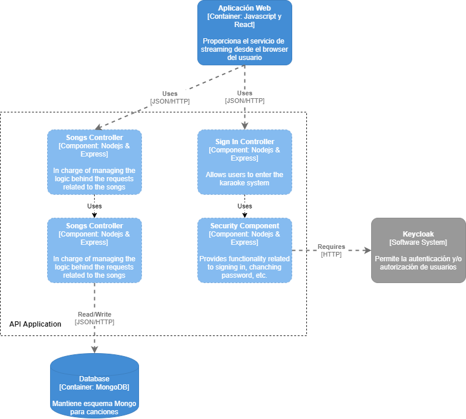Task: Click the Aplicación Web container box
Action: point(244,33)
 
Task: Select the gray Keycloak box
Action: point(418,250)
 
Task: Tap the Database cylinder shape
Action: point(94,385)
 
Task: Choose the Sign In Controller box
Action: point(244,162)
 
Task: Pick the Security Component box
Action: point(244,250)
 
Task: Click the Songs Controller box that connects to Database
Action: point(94,250)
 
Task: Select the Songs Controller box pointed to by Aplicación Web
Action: point(94,162)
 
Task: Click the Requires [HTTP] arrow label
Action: point(331,250)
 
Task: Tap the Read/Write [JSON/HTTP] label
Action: point(94,318)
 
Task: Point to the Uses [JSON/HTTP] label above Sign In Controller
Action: point(244,97)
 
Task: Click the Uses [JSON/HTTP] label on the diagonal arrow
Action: point(170,97)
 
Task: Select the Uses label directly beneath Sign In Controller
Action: point(244,206)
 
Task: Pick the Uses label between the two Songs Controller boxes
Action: point(94,206)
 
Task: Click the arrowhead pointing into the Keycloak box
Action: point(366,250)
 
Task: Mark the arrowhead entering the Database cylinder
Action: point(94,348)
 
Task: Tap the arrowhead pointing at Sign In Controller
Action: point(244,125)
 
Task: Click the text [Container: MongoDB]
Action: point(94,387)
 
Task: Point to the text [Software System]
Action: point(418,242)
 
